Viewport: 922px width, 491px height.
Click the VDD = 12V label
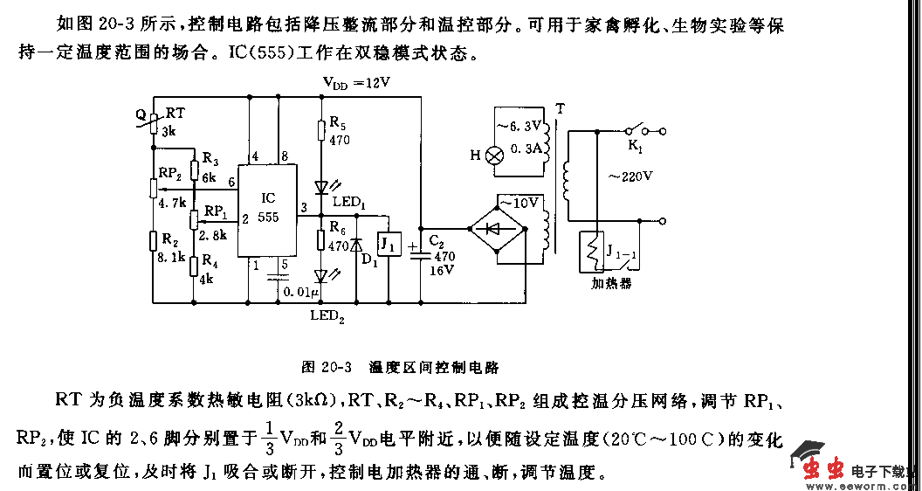tap(356, 83)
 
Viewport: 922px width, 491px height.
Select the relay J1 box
tap(390, 245)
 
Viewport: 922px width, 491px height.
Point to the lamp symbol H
tap(494, 156)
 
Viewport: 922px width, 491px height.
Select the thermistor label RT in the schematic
tap(175, 114)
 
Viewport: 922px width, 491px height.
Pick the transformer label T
tap(560, 108)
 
